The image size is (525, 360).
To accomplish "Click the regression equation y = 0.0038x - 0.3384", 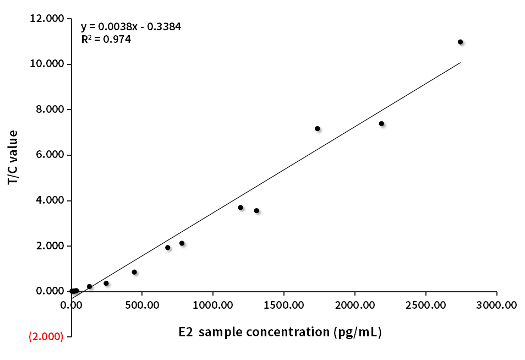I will pos(131,26).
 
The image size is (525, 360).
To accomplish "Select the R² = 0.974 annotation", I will pos(106,40).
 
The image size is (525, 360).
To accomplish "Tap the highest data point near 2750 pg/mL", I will pos(460,42).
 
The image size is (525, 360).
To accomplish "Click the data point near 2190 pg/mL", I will pos(381,124).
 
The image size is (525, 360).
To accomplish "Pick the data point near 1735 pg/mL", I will pos(317,128).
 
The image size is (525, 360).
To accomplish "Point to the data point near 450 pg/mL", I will pos(134,272).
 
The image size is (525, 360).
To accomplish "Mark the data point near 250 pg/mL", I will pos(106,283).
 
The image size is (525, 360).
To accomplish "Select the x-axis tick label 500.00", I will pos(142,304).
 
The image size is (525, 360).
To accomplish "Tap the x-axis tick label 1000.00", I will pos(213,304).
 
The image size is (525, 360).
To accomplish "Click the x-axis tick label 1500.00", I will pos(284,304).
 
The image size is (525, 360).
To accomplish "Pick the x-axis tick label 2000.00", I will pos(354,304).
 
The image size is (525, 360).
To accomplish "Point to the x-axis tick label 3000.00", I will pos(496,304).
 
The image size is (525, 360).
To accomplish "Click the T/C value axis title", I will pos(13,157).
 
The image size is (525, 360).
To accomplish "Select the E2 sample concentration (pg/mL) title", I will pos(280,332).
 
